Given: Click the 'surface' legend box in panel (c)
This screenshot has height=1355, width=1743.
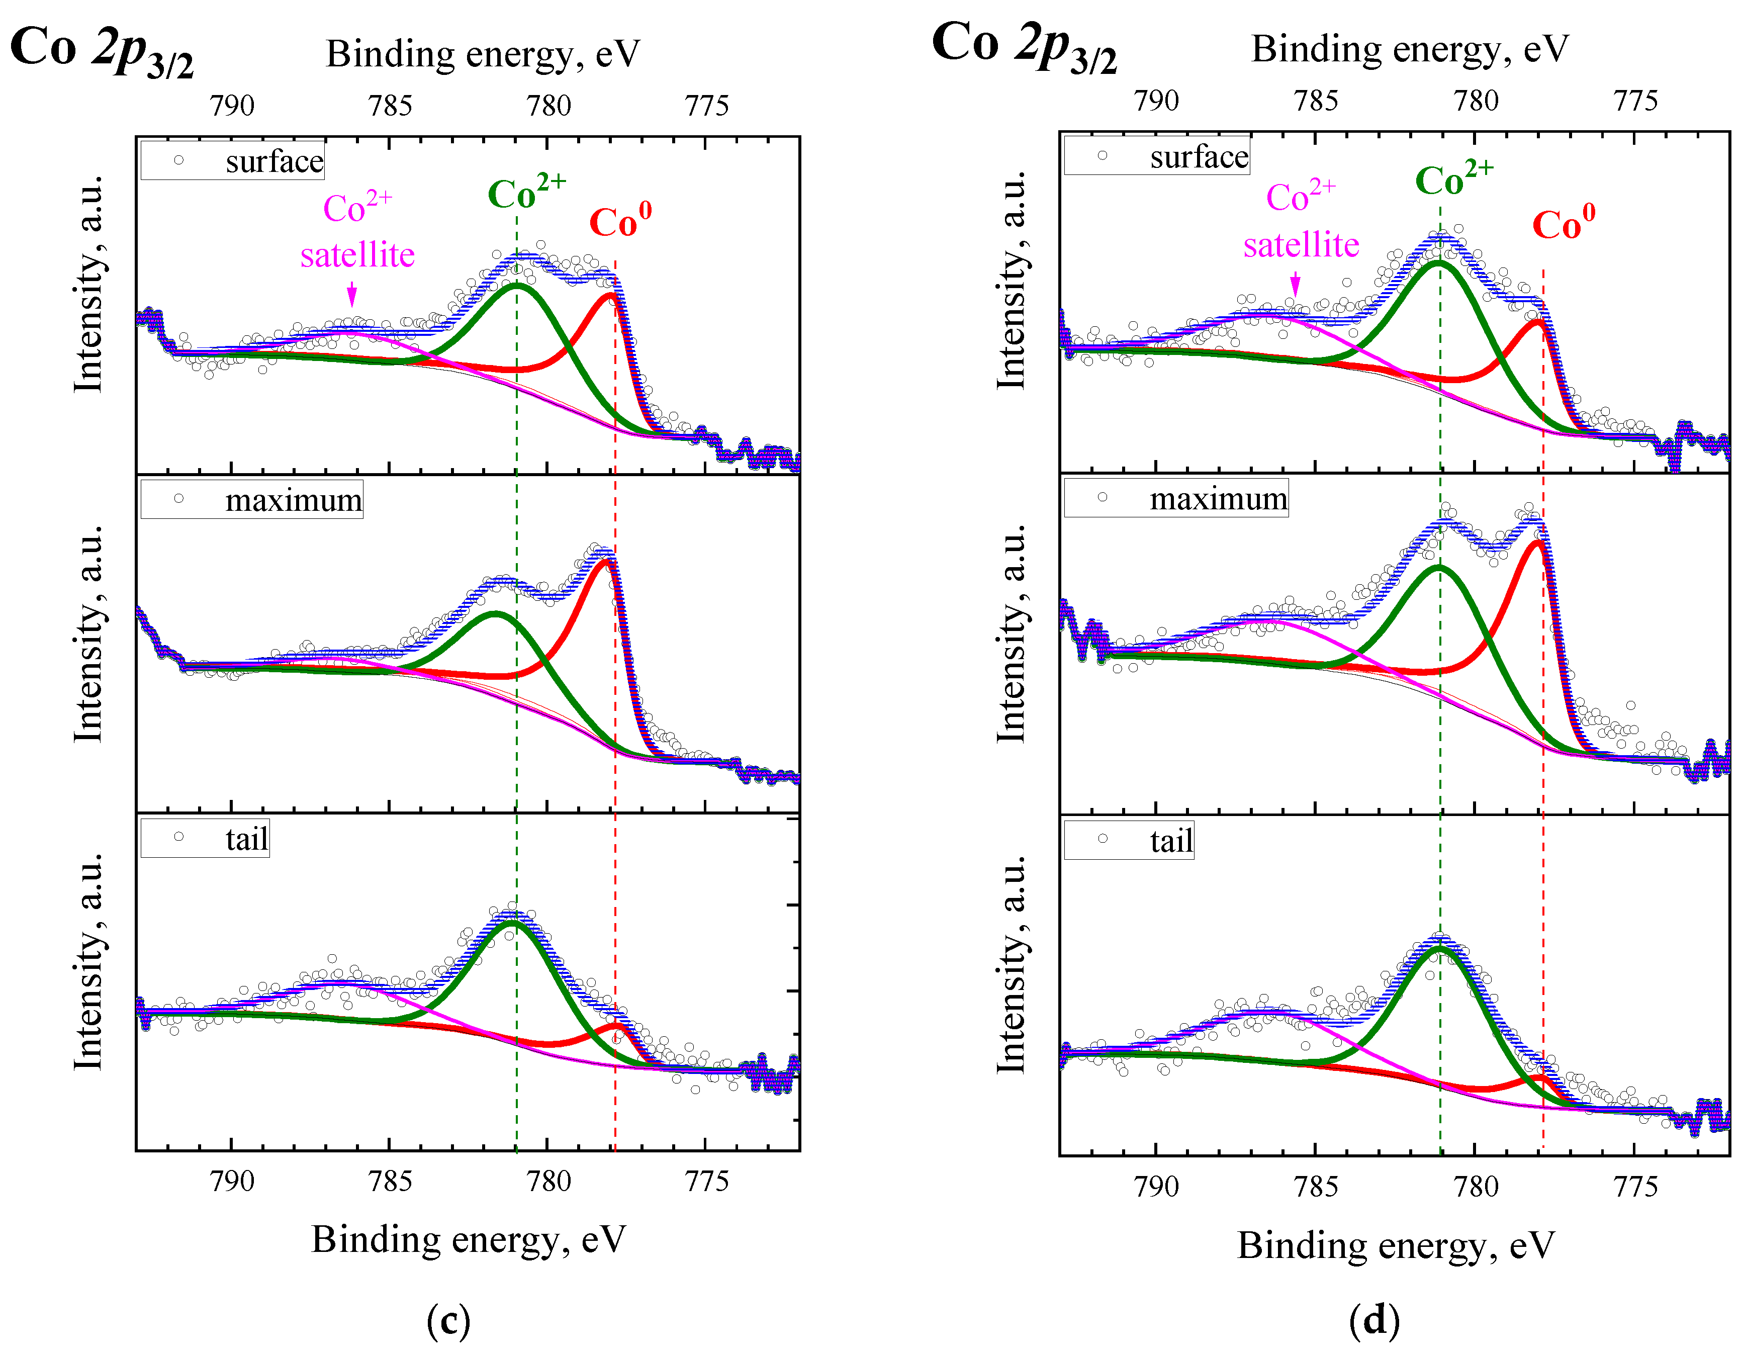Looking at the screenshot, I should [232, 160].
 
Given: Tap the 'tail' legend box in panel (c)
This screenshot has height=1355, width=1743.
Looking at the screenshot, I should [205, 838].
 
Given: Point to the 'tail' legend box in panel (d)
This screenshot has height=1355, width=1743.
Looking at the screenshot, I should [1129, 840].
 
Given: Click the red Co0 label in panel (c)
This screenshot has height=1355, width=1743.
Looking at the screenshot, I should [620, 222].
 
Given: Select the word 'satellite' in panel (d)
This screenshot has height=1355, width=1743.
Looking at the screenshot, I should [1301, 245].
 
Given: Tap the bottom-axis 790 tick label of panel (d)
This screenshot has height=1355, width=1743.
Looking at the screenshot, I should [1156, 1187].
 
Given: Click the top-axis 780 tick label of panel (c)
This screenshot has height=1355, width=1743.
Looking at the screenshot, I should [548, 106].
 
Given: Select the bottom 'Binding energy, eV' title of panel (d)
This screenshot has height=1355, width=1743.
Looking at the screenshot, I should [1396, 1245].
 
